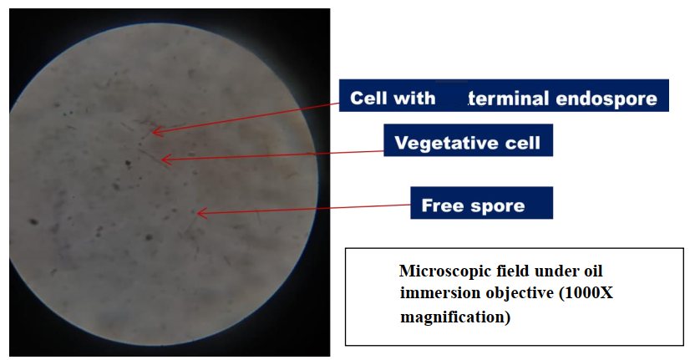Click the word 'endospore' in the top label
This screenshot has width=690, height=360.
[x=606, y=99]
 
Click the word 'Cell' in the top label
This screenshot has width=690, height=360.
[x=368, y=98]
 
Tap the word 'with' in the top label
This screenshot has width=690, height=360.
[x=414, y=98]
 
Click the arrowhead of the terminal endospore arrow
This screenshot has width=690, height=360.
[x=155, y=131]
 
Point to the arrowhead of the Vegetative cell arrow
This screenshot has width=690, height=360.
[x=165, y=160]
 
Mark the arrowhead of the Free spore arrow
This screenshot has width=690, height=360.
[x=200, y=213]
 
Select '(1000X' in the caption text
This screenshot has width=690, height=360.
[x=586, y=293]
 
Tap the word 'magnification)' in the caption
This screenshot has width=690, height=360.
[x=455, y=317]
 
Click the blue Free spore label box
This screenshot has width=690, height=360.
[x=481, y=203]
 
